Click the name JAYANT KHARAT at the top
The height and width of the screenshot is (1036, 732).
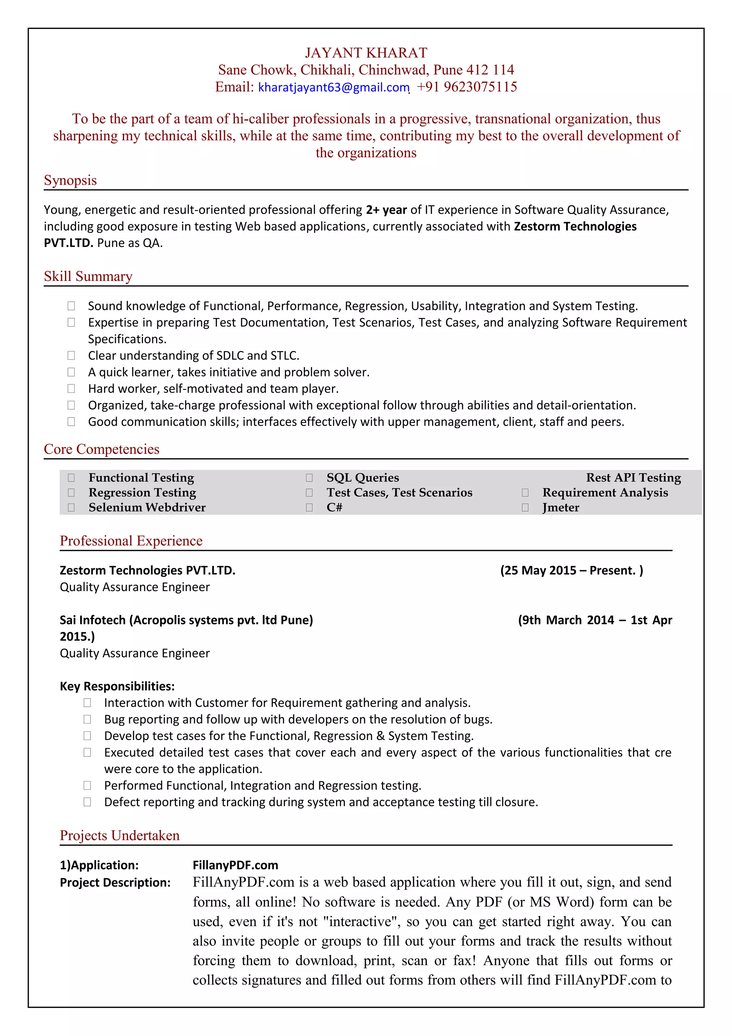click(366, 53)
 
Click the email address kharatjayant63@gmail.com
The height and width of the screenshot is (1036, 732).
click(334, 87)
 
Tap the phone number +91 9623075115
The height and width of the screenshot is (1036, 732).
click(466, 87)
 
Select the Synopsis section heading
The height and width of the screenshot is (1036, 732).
click(70, 180)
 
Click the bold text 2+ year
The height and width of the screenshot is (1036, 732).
click(386, 210)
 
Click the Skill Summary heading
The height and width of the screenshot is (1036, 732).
click(88, 276)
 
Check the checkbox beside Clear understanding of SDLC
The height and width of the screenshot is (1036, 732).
click(71, 356)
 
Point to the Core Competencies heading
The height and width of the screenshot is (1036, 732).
click(102, 449)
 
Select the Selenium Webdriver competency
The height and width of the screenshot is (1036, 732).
click(147, 508)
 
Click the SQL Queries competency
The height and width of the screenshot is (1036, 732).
click(363, 477)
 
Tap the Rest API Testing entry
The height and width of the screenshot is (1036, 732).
click(633, 477)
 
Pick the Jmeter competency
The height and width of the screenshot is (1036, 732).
click(560, 508)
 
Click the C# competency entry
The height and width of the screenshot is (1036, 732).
click(334, 508)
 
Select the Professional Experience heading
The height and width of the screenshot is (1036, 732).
click(131, 541)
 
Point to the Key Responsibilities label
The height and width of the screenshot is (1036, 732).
click(117, 686)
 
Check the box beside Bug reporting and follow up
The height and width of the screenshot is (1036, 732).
click(87, 719)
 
